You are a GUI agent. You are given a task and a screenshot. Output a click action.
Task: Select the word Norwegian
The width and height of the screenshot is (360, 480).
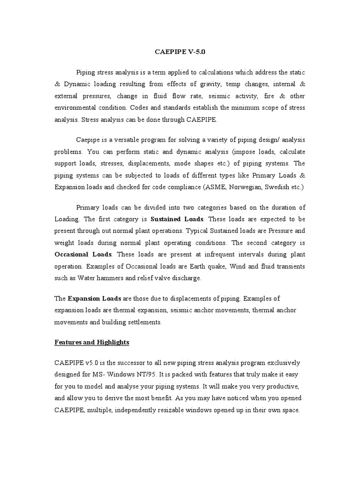[x=243, y=187]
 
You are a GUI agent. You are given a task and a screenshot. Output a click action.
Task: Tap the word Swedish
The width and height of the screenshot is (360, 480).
[x=277, y=187]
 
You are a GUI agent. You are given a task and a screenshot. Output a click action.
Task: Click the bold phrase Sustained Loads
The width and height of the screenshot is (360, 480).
[x=177, y=219]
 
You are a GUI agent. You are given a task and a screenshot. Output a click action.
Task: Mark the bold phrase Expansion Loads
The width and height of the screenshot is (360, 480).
[x=95, y=299]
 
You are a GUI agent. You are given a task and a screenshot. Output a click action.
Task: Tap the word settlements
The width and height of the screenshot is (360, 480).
[x=141, y=322]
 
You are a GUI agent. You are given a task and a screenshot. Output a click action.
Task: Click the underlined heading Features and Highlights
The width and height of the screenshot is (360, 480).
[x=91, y=343]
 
